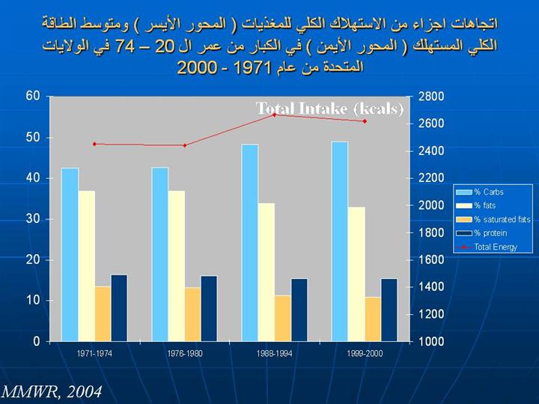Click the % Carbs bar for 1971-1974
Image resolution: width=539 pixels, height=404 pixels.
(x=70, y=254)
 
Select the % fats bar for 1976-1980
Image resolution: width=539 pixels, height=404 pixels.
(x=177, y=266)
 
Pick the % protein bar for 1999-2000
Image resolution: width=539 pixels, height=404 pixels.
(x=389, y=310)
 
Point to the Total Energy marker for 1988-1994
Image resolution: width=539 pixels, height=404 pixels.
(x=274, y=114)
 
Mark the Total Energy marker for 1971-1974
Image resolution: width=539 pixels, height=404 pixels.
(x=94, y=144)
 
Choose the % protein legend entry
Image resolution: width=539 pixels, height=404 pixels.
(x=490, y=233)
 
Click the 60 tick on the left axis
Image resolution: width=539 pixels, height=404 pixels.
(x=33, y=97)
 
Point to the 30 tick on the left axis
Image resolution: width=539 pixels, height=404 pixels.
(x=33, y=219)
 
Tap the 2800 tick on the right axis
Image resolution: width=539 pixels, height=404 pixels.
(x=432, y=97)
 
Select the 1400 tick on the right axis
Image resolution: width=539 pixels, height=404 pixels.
(x=432, y=287)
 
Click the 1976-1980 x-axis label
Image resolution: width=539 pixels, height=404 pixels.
(x=184, y=354)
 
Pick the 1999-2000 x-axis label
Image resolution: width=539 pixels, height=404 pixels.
(x=365, y=354)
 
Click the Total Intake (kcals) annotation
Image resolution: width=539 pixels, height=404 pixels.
(x=330, y=108)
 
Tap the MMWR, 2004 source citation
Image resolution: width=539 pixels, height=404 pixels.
(x=51, y=392)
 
